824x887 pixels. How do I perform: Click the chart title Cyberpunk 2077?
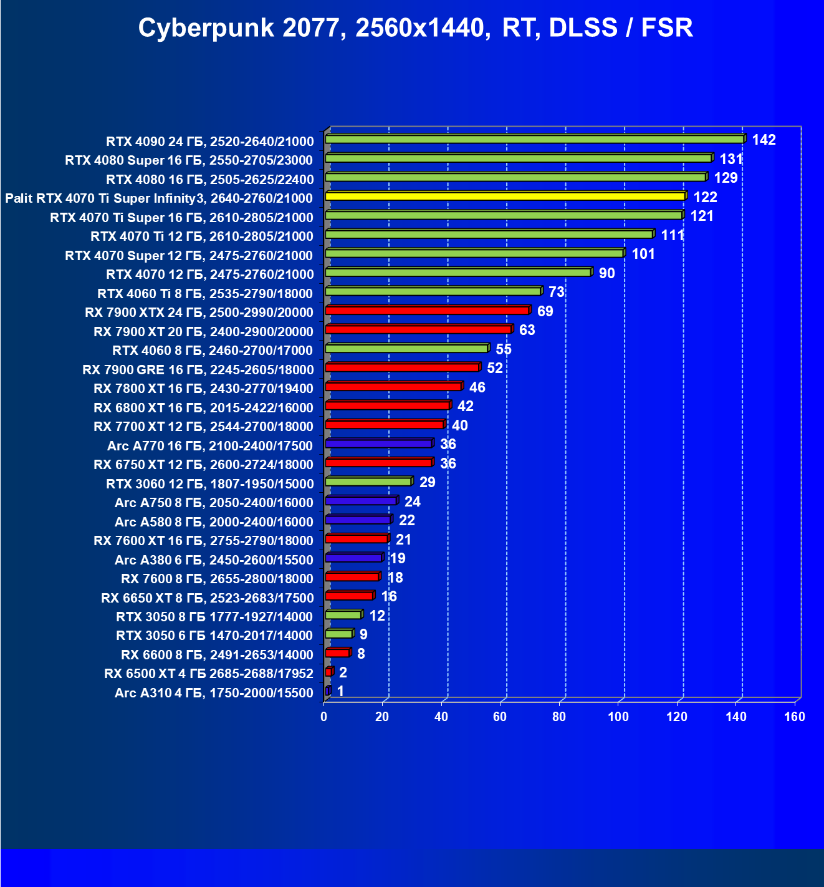(x=415, y=28)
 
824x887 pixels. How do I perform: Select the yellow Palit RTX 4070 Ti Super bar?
(x=505, y=196)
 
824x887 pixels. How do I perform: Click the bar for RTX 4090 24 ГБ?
(x=534, y=139)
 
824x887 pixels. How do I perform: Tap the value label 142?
(x=764, y=140)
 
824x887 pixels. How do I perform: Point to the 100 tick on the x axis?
(x=618, y=717)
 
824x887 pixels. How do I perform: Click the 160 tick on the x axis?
(x=795, y=717)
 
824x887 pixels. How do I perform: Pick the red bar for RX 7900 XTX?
(x=427, y=311)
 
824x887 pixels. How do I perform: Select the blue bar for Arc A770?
(x=378, y=443)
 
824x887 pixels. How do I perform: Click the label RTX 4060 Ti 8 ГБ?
(x=205, y=294)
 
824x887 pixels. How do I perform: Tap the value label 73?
(x=556, y=292)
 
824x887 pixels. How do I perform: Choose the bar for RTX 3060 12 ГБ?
(x=368, y=482)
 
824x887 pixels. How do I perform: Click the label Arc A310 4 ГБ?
(x=214, y=693)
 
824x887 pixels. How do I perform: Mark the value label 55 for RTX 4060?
(x=504, y=349)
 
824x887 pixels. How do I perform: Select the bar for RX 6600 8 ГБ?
(x=337, y=653)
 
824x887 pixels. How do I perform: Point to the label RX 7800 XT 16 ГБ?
(x=203, y=389)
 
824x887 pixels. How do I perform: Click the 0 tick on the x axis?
(x=324, y=717)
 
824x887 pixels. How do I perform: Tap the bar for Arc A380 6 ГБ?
(x=353, y=558)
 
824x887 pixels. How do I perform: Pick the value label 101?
(x=643, y=254)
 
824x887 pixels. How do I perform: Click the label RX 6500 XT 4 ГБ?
(x=209, y=674)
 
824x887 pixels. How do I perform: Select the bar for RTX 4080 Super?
(x=518, y=158)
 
